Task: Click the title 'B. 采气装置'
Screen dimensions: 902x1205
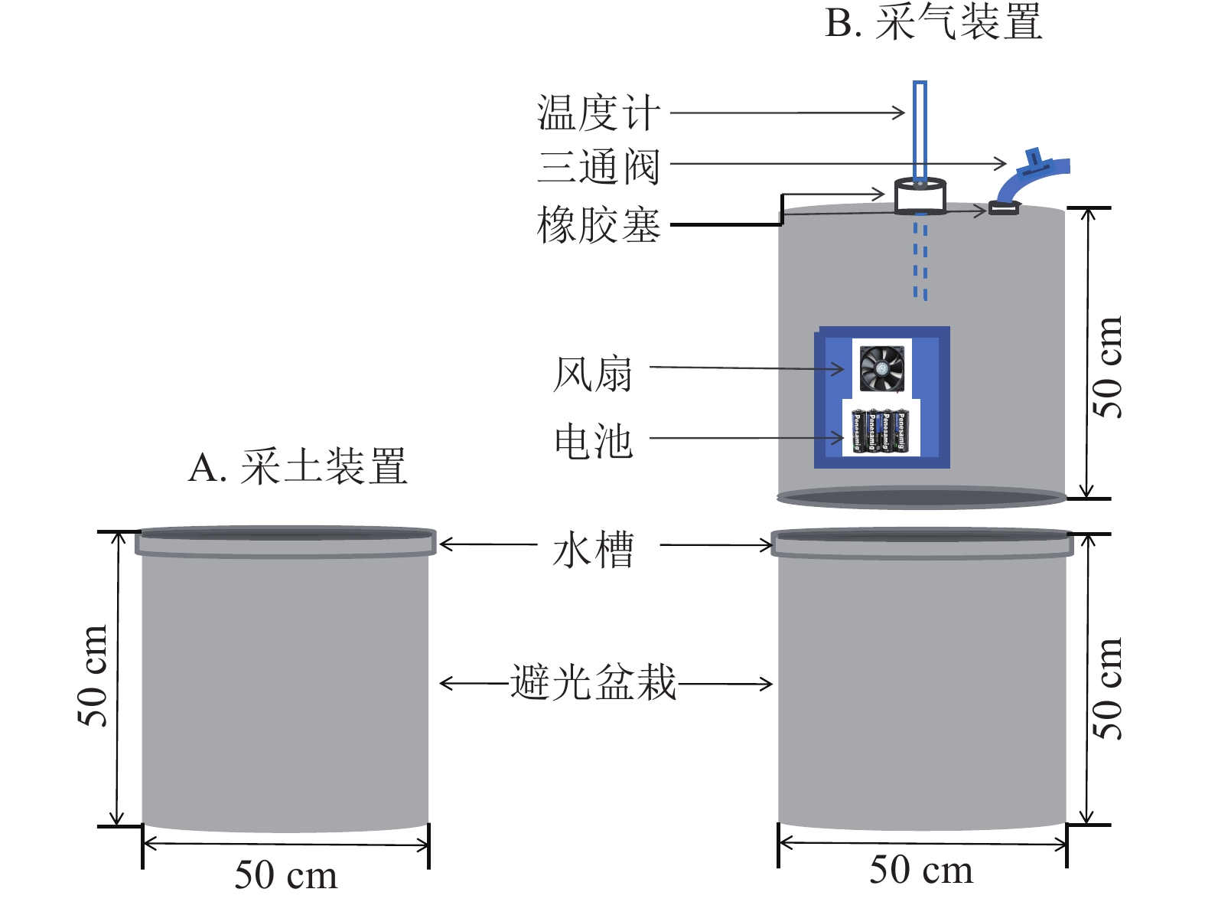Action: tap(933, 23)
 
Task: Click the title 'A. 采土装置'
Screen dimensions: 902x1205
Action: tap(298, 467)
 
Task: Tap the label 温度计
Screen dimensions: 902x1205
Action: tap(598, 113)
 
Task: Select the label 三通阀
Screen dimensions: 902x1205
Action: tap(598, 166)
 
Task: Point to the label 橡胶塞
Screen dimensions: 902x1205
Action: tap(598, 225)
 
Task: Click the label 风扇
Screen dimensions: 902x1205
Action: tap(593, 374)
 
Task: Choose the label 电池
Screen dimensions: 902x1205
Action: tap(593, 442)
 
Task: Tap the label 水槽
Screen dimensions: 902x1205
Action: tap(593, 549)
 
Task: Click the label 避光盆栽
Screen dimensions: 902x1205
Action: tap(593, 682)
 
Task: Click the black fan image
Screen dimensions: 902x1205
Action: tap(882, 368)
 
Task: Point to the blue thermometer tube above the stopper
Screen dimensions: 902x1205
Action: tap(920, 130)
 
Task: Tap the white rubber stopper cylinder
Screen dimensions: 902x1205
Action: tap(920, 197)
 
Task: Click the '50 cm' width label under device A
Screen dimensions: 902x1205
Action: tap(285, 875)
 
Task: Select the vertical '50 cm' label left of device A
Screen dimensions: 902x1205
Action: tap(93, 675)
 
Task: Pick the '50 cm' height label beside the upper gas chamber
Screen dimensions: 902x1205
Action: tap(1107, 368)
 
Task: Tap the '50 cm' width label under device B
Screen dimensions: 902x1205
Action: tap(921, 871)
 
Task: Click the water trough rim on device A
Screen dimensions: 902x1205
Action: tap(285, 541)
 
